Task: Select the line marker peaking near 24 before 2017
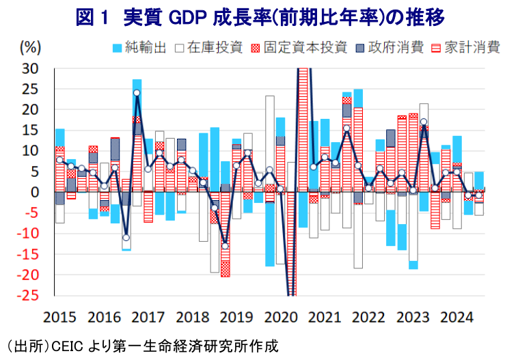click(x=137, y=93)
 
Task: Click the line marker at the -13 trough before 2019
click(x=225, y=246)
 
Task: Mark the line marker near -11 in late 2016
click(x=126, y=238)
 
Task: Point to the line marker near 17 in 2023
click(x=424, y=122)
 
